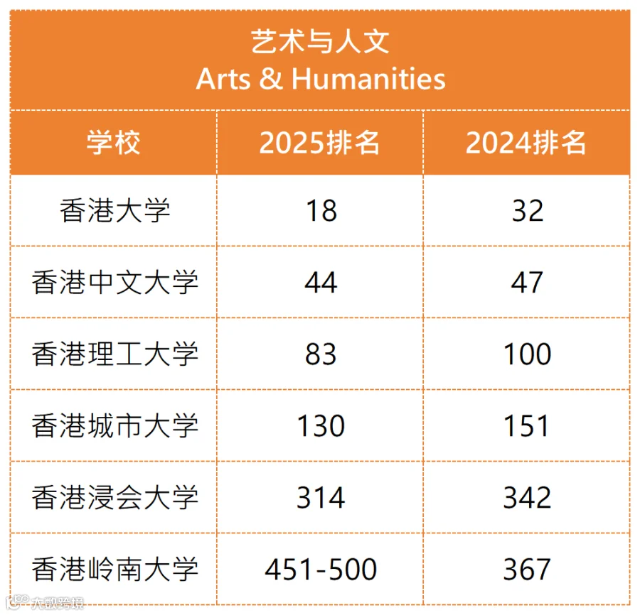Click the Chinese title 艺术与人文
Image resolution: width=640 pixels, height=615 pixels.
320,42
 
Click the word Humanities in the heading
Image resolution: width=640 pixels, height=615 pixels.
368,78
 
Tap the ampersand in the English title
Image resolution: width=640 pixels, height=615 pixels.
271,78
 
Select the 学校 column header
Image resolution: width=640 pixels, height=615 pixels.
114,143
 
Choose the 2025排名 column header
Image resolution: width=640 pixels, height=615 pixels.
319,143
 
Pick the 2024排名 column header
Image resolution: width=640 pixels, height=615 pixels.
526,143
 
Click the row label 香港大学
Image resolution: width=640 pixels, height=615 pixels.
114,211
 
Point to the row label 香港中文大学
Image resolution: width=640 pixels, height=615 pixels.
114,283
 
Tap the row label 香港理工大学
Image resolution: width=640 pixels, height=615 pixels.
114,354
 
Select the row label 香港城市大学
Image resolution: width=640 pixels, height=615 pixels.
114,426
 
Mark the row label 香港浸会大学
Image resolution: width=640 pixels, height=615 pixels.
114,498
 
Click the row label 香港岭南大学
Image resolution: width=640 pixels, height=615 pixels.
114,570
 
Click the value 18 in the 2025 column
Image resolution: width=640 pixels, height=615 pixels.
321,211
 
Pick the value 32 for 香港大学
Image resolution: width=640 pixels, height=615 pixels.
528,211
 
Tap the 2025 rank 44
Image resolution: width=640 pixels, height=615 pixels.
321,283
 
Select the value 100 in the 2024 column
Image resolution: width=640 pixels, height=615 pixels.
528,354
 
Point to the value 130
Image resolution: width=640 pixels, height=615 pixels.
321,426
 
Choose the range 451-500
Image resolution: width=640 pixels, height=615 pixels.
321,570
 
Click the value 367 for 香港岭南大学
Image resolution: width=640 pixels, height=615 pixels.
527,570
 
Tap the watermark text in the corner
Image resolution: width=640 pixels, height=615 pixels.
45,603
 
